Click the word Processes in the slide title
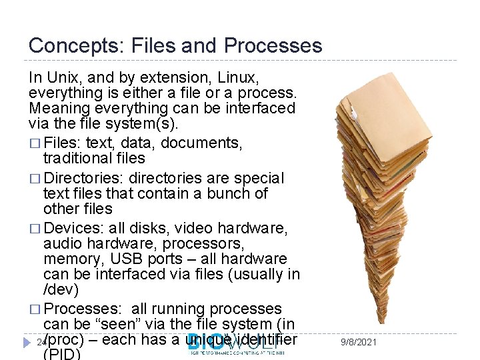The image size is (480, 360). point(273,46)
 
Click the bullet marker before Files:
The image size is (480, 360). point(34,143)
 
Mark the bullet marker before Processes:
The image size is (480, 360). point(34,309)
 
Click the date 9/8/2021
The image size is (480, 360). point(358,342)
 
